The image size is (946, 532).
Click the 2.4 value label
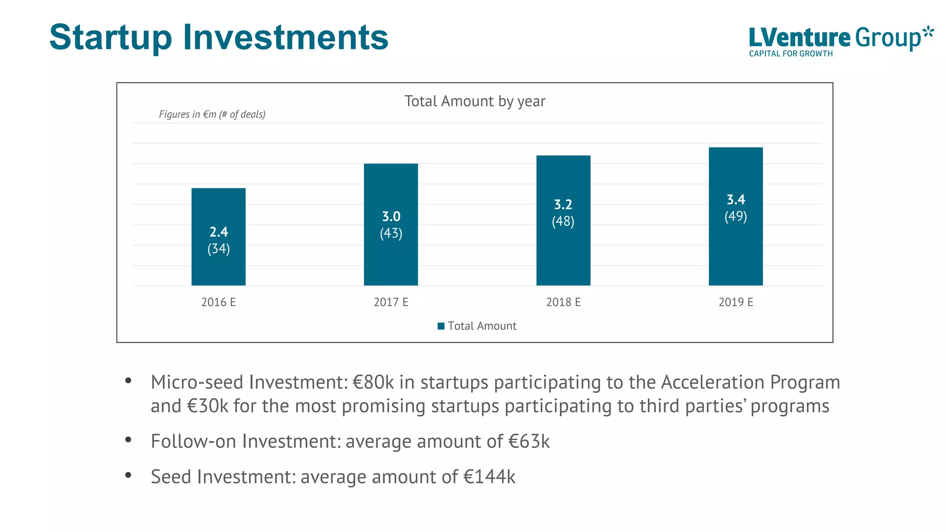[x=218, y=232]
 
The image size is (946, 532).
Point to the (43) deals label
[x=391, y=233]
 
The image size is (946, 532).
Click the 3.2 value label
[x=563, y=205]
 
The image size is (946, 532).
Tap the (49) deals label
[x=735, y=216]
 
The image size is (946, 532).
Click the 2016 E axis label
[x=218, y=302]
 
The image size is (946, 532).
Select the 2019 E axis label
[x=735, y=302]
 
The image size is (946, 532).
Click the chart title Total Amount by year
[x=474, y=101]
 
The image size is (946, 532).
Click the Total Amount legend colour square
[x=441, y=326]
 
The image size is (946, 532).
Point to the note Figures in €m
[x=212, y=115]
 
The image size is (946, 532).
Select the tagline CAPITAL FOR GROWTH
[x=791, y=54]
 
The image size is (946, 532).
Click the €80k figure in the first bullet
[x=373, y=382]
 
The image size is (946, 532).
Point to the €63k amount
[x=529, y=441]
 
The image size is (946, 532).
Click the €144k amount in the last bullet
[x=489, y=477]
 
